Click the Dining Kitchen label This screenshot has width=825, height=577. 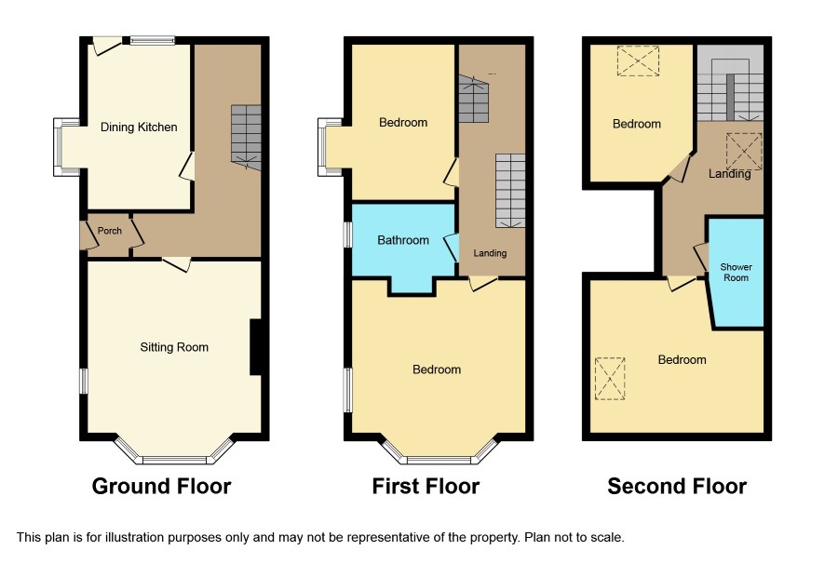[x=139, y=127]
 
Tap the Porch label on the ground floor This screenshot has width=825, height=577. [x=110, y=231]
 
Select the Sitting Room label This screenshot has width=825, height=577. [x=174, y=347]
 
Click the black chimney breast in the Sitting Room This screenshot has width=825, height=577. [x=256, y=346]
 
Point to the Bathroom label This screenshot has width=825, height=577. [x=403, y=240]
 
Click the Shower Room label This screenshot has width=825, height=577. [x=737, y=272]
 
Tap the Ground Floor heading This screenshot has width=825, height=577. [x=161, y=486]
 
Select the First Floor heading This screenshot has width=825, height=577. [x=426, y=486]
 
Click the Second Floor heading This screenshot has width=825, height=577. [x=677, y=486]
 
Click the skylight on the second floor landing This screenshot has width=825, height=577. [x=744, y=151]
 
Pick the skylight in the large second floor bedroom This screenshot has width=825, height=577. [x=610, y=379]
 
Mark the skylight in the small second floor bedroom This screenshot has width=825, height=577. [x=638, y=61]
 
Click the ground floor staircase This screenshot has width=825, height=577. [x=246, y=138]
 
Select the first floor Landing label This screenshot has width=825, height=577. [x=490, y=253]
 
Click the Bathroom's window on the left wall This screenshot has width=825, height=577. [x=347, y=235]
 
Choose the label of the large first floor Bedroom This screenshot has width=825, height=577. [x=437, y=369]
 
